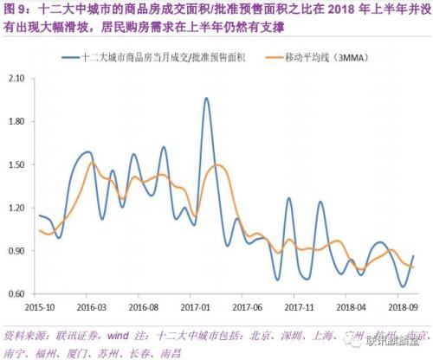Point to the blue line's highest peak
click(x=206, y=99)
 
